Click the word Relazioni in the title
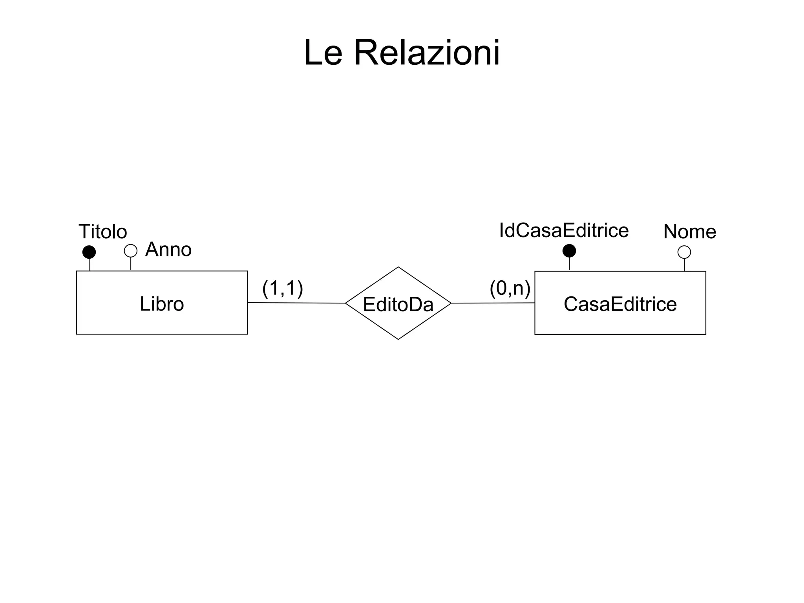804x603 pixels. tap(427, 53)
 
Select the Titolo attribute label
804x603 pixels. tap(103, 232)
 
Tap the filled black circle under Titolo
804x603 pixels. tap(89, 252)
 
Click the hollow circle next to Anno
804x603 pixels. tap(131, 250)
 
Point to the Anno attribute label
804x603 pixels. tap(168, 250)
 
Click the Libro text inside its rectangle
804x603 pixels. tap(162, 304)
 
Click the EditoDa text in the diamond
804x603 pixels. tap(398, 305)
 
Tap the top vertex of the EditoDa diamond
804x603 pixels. tap(398, 268)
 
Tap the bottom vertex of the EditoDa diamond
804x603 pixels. tap(398, 339)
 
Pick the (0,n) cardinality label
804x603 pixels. tap(510, 289)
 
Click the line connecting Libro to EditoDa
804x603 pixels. tap(296, 303)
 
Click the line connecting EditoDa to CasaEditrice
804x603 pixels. tap(493, 303)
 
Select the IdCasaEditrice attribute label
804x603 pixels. tap(564, 230)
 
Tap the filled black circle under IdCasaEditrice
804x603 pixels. tap(569, 250)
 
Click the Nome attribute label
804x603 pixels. tap(690, 232)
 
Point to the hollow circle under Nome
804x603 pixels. tap(684, 252)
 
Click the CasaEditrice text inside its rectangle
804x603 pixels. tap(620, 304)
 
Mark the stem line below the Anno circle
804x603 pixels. tap(131, 263)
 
